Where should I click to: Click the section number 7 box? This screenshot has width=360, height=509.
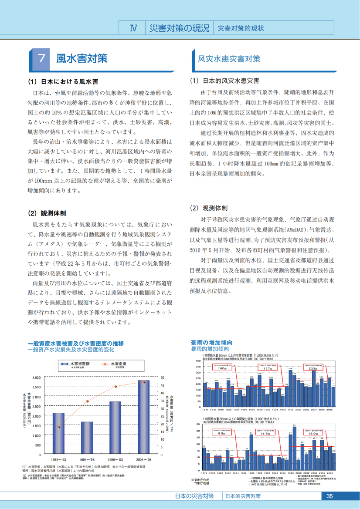coord(41,60)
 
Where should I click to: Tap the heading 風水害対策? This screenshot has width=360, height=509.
coord(82,59)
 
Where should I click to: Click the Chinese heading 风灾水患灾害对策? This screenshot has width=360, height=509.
coord(229,59)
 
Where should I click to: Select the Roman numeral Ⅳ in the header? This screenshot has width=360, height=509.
coord(134,28)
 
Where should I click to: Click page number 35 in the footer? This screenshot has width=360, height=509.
coord(329,496)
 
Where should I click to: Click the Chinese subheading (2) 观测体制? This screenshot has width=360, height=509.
coord(209,208)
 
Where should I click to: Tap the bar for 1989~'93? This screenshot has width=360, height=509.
coord(58,434)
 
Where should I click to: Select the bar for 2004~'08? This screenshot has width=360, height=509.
coord(144,417)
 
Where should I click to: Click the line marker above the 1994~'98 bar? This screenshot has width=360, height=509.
coord(87,401)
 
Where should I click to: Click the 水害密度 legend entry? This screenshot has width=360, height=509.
coord(119,364)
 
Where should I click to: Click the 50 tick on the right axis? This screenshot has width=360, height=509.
coord(163,377)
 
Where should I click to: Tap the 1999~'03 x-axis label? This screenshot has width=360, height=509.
coord(115,459)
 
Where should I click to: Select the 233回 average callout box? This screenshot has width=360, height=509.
coord(312,367)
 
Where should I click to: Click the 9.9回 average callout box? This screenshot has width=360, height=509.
coord(221,432)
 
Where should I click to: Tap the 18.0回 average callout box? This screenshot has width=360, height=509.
coord(312,432)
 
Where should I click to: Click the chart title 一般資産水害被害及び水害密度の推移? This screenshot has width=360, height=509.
coord(75,344)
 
